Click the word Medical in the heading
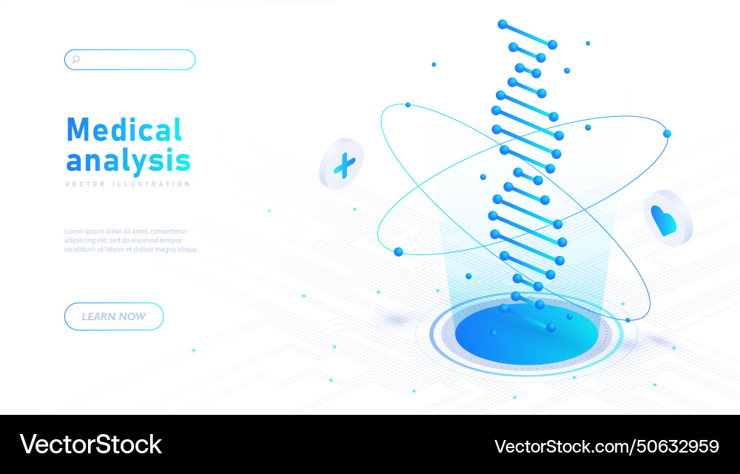(x=124, y=130)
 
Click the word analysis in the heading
(x=128, y=160)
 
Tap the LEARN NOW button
(x=114, y=316)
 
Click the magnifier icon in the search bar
(x=75, y=59)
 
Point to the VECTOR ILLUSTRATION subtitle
(x=127, y=184)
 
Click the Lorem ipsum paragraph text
(x=130, y=240)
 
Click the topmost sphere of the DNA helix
(x=502, y=24)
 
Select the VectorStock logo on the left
(x=91, y=444)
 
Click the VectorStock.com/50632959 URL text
(x=606, y=446)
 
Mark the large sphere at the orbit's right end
(x=667, y=133)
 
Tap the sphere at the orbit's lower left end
(x=398, y=251)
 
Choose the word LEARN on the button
(x=98, y=316)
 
